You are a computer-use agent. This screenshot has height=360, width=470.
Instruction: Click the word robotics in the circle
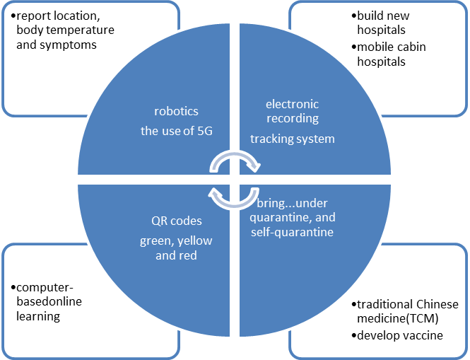pos(176,111)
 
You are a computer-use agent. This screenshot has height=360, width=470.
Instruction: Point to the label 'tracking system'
pos(292,139)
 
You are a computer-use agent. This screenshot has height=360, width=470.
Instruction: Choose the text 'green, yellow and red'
pos(176,248)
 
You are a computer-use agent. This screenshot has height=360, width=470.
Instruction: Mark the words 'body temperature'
pos(64,30)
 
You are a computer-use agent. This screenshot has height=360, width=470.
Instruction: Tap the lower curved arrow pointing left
pos(234,196)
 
